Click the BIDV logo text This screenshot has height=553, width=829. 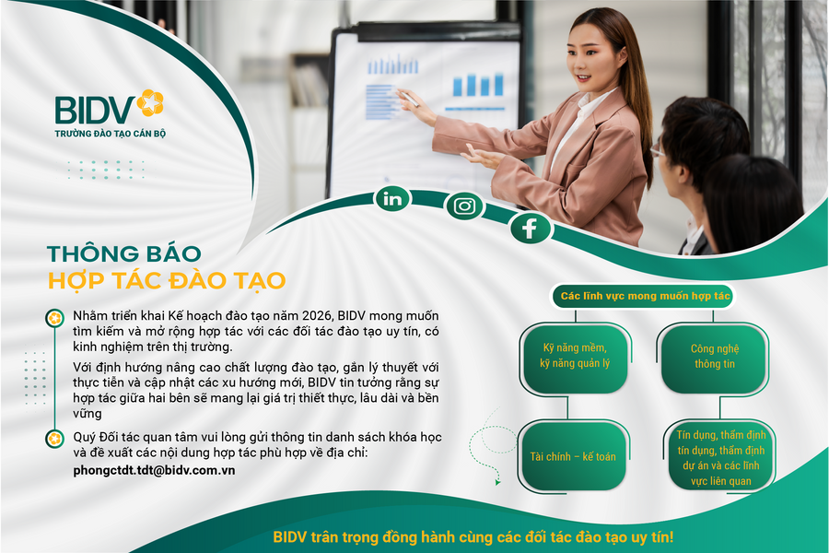(x=94, y=109)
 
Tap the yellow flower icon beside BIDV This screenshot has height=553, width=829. (x=150, y=102)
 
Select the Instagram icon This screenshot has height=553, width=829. (x=464, y=206)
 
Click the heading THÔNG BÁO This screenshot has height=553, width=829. (x=123, y=253)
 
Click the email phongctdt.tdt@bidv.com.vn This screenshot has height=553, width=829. (x=154, y=470)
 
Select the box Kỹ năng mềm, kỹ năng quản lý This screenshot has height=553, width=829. (x=576, y=356)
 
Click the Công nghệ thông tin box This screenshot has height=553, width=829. (x=715, y=356)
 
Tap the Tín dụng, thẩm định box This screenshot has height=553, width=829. (x=715, y=456)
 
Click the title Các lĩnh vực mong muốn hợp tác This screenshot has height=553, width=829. (x=646, y=296)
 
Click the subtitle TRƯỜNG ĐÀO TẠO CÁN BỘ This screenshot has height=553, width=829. (x=110, y=134)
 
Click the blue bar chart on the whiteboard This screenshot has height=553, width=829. (x=478, y=86)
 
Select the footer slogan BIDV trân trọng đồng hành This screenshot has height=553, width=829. (x=473, y=536)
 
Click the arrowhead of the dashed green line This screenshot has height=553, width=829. (x=498, y=480)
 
